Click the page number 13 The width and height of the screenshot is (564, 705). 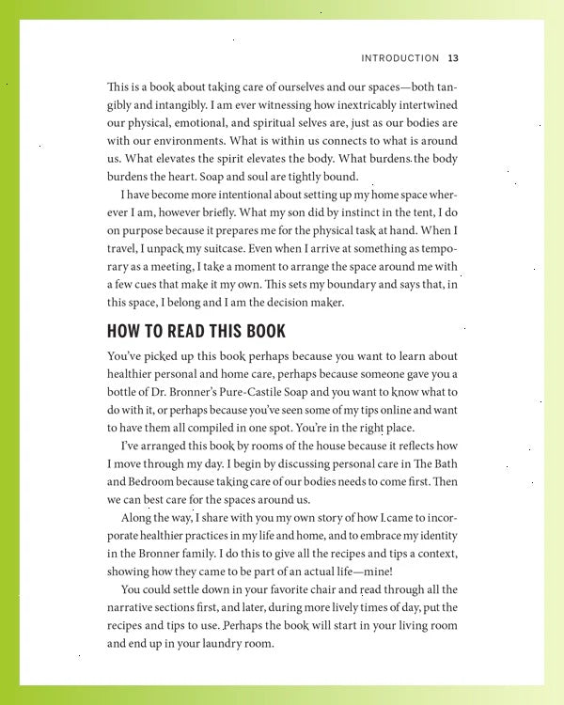coord(452,58)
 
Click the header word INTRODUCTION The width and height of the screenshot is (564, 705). coord(400,58)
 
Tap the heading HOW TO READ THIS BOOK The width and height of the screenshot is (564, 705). coord(196,332)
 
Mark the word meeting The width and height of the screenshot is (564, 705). coord(173,267)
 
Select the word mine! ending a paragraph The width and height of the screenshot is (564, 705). coord(373,572)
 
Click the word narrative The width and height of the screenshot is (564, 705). coord(134,608)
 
